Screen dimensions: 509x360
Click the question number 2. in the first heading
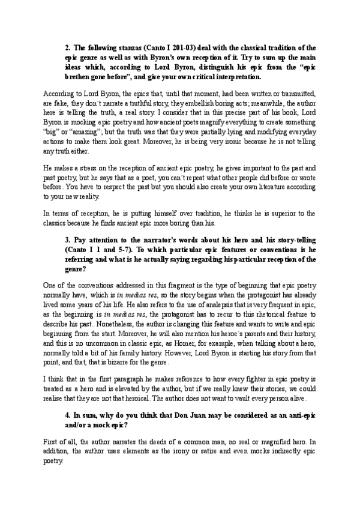point(68,47)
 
